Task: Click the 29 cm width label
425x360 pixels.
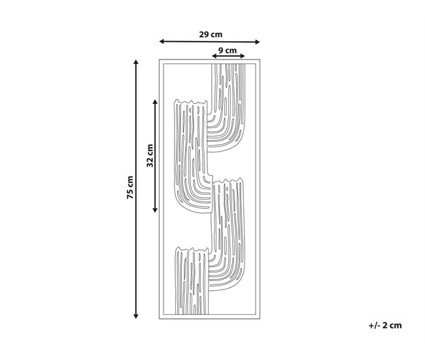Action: tap(211, 35)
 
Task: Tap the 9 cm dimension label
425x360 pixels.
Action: tap(228, 50)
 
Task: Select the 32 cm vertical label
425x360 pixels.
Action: tap(150, 155)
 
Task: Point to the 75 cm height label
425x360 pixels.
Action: tap(130, 187)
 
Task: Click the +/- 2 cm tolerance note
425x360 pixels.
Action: tap(385, 325)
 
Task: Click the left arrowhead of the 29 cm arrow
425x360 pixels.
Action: tap(161, 41)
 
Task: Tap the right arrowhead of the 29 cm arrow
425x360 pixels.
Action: tap(258, 42)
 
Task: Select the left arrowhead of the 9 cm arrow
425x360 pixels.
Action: tap(214, 56)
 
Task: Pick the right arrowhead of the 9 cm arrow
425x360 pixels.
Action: tap(243, 56)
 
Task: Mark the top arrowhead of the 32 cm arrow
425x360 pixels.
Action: tap(155, 102)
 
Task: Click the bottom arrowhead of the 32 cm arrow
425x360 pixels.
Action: tap(155, 210)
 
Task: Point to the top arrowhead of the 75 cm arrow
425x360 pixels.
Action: tap(136, 62)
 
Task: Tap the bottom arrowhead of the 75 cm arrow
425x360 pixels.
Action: tap(136, 316)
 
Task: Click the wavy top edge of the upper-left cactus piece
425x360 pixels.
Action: tap(190, 101)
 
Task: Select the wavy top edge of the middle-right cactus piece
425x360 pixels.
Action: tap(228, 181)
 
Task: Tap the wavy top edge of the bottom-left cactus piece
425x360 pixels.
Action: tap(192, 249)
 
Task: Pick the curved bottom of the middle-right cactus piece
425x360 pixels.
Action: tap(233, 287)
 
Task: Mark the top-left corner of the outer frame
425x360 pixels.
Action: tap(160, 59)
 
